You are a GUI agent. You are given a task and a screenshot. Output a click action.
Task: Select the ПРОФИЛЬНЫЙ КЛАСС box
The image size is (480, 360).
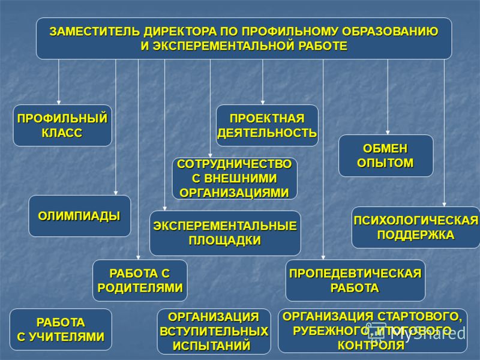(62, 125)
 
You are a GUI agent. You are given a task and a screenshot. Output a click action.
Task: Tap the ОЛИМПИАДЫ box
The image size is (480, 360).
(80, 216)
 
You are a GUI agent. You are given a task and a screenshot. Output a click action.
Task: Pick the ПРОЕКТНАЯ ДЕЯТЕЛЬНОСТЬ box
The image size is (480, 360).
(267, 125)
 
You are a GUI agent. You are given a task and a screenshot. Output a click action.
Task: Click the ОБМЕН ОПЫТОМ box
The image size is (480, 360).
(386, 156)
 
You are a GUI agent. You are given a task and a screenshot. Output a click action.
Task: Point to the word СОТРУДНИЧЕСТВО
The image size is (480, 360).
(235, 164)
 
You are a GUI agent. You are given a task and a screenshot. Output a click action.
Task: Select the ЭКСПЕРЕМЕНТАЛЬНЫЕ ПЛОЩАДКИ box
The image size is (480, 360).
(225, 233)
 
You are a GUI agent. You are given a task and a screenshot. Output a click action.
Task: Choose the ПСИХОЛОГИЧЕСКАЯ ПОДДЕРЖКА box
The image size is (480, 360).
(416, 227)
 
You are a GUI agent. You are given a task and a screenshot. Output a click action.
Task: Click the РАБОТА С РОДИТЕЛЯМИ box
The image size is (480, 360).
(140, 280)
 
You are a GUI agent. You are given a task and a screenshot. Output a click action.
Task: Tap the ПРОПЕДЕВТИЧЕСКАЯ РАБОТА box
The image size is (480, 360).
(355, 280)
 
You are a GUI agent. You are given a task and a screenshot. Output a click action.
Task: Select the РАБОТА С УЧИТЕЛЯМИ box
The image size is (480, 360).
(61, 329)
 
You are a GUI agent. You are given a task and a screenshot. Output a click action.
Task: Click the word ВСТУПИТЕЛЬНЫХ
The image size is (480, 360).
(214, 332)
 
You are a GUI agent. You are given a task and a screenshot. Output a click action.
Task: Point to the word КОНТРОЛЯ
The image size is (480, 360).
(371, 346)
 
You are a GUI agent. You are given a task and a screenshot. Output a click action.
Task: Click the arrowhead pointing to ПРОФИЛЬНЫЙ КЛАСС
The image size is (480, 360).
(59, 102)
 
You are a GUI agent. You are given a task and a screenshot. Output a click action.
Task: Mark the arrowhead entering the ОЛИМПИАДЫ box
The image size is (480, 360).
(116, 193)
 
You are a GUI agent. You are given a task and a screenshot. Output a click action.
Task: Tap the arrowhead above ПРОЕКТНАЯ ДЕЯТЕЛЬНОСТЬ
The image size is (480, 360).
(263, 102)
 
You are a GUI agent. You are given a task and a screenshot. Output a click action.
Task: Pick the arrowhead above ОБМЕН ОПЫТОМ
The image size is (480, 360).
(388, 132)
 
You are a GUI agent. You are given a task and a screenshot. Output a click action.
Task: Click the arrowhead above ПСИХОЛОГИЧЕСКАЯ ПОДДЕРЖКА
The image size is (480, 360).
(444, 204)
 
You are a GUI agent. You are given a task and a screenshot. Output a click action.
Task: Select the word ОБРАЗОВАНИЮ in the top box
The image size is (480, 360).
(390, 32)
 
